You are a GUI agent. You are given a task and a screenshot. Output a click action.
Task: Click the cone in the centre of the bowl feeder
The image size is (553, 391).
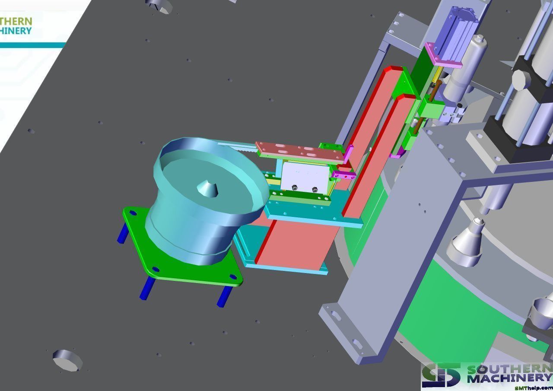coord(207,188)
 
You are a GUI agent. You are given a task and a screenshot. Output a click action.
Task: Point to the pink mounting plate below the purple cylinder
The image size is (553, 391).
coord(443,55)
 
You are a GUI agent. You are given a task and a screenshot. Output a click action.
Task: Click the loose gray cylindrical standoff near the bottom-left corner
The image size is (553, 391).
coord(67,360)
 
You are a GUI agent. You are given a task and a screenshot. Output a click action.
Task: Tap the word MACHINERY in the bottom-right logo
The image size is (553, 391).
coord(510,378)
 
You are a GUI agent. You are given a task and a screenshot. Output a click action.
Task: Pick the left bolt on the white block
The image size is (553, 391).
coord(294,188)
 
